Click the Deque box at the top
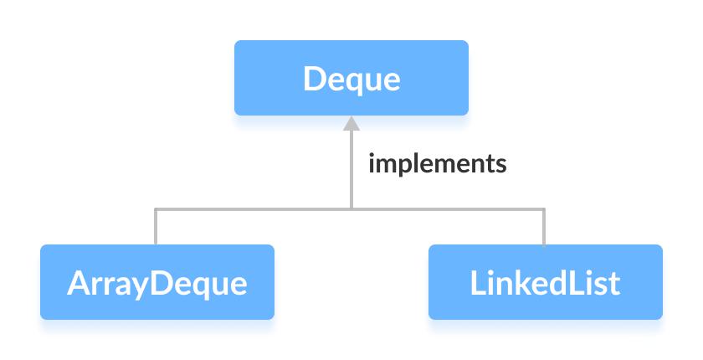click(351, 79)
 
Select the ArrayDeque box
click(157, 282)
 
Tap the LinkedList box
click(545, 282)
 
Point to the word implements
click(438, 163)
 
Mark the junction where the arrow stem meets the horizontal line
click(351, 208)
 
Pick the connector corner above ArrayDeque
click(156, 208)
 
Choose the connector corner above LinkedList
click(545, 208)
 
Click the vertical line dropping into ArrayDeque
click(156, 228)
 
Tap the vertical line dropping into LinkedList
click(545, 228)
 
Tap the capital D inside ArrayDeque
click(163, 283)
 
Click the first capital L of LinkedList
click(478, 283)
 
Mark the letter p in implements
click(400, 166)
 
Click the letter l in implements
click(412, 162)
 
